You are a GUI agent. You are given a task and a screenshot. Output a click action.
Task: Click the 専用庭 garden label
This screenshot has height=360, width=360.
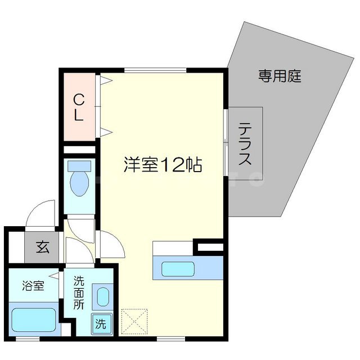point(280,76)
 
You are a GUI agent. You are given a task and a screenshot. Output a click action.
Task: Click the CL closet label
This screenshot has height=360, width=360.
point(79,108)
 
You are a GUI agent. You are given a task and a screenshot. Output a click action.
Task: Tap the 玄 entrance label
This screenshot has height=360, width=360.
point(43,247)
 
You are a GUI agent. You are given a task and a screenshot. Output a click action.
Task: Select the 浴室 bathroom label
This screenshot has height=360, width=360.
point(34,285)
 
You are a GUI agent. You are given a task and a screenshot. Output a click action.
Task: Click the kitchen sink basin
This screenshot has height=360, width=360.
point(177,268)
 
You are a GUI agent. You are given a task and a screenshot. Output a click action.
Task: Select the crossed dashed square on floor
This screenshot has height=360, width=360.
point(133,321)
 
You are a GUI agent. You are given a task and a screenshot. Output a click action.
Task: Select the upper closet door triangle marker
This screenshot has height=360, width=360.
point(107,80)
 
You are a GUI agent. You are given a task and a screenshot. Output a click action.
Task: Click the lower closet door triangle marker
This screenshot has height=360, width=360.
point(107,133)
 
